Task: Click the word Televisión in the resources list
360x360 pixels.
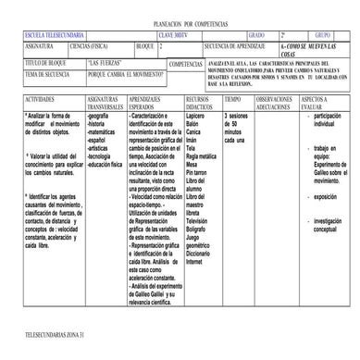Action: point(201,221)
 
